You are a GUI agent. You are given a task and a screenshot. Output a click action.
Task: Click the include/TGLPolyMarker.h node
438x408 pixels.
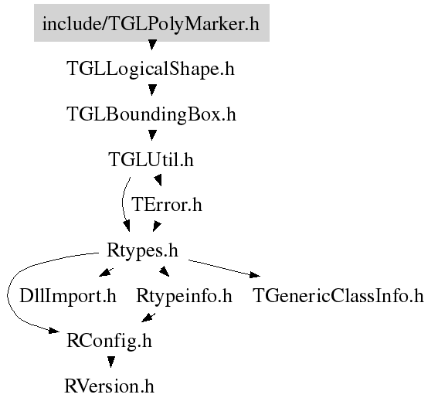pyautogui.click(x=151, y=23)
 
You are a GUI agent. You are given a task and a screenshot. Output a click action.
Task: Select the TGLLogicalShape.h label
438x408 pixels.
pyautogui.click(x=151, y=69)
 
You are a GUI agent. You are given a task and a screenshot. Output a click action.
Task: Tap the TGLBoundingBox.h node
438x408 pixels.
pyautogui.click(x=151, y=114)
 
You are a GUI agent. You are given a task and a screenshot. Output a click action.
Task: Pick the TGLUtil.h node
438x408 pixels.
pyautogui.click(x=151, y=159)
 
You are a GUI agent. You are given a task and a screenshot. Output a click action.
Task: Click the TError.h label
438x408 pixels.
pyautogui.click(x=167, y=205)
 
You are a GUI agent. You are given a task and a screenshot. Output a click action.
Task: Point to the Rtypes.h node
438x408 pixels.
pyautogui.click(x=142, y=250)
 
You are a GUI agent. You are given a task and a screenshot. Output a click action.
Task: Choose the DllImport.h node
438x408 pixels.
pyautogui.click(x=68, y=296)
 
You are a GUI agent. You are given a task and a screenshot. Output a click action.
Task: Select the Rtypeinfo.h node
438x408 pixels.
pyautogui.click(x=184, y=296)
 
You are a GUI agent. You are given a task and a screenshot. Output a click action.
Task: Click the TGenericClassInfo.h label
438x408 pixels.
pyautogui.click(x=338, y=296)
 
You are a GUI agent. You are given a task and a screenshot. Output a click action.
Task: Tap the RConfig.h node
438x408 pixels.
pyautogui.click(x=109, y=341)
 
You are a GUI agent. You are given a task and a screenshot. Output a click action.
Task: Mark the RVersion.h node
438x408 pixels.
pyautogui.click(x=109, y=386)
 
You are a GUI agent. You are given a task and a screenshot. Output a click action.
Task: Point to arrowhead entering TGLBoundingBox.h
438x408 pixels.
pyautogui.click(x=152, y=90)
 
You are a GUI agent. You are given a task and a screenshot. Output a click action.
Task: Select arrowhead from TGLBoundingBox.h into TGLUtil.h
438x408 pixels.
pyautogui.click(x=152, y=136)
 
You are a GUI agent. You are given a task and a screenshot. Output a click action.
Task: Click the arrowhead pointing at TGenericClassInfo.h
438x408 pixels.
pyautogui.click(x=255, y=275)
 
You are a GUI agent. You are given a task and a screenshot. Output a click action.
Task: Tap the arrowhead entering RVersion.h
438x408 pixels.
pyautogui.click(x=111, y=362)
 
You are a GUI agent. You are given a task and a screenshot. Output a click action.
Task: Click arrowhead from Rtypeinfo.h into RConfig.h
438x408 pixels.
pyautogui.click(x=148, y=318)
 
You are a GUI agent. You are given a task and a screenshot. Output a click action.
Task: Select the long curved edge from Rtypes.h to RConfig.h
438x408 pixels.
pyautogui.click(x=8, y=294)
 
